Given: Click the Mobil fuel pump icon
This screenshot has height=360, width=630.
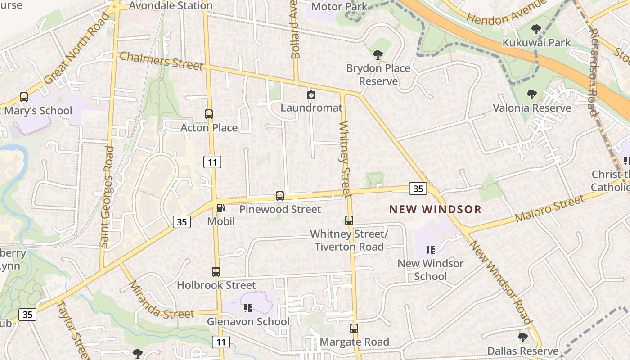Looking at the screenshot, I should coord(220,208).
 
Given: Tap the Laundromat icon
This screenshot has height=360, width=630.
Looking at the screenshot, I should coord(311,94).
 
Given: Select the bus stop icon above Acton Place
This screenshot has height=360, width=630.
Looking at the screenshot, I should coord(209,114).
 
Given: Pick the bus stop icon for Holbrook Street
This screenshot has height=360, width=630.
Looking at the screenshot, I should coord(216,272).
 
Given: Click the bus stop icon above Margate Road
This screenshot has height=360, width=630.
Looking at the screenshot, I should coord(354,328).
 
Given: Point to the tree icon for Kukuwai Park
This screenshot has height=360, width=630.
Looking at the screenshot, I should coord(536,30).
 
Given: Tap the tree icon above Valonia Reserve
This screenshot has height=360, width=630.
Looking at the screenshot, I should coord(532,94).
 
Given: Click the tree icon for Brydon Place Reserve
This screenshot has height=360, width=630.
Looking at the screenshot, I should coord(378,55).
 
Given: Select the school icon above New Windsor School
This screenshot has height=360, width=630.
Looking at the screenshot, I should coord(431,250).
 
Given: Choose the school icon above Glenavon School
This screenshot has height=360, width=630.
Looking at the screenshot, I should coord(247,308).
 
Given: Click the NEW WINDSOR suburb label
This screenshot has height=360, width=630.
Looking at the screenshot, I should coord(435,209).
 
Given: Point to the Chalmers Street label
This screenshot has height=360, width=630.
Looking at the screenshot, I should coord(162,60).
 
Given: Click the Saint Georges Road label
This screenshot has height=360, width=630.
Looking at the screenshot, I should coord(106,197).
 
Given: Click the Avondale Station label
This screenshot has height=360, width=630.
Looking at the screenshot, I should coord(171,6).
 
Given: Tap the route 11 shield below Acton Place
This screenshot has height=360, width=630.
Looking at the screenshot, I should coord(212,162).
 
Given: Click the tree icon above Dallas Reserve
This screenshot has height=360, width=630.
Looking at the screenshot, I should coord(522,337).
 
